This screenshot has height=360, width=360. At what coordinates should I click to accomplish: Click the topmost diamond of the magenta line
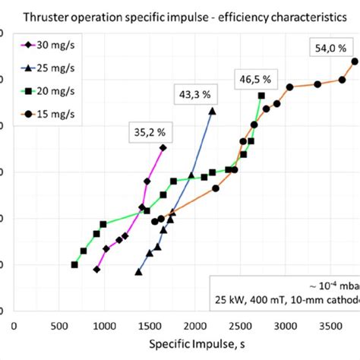tap(163, 147)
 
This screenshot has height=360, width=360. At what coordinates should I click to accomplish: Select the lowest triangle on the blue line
tap(138, 271)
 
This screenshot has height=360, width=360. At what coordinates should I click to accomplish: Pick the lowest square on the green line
tap(74, 264)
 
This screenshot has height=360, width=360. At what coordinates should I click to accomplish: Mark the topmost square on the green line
tap(261, 96)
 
